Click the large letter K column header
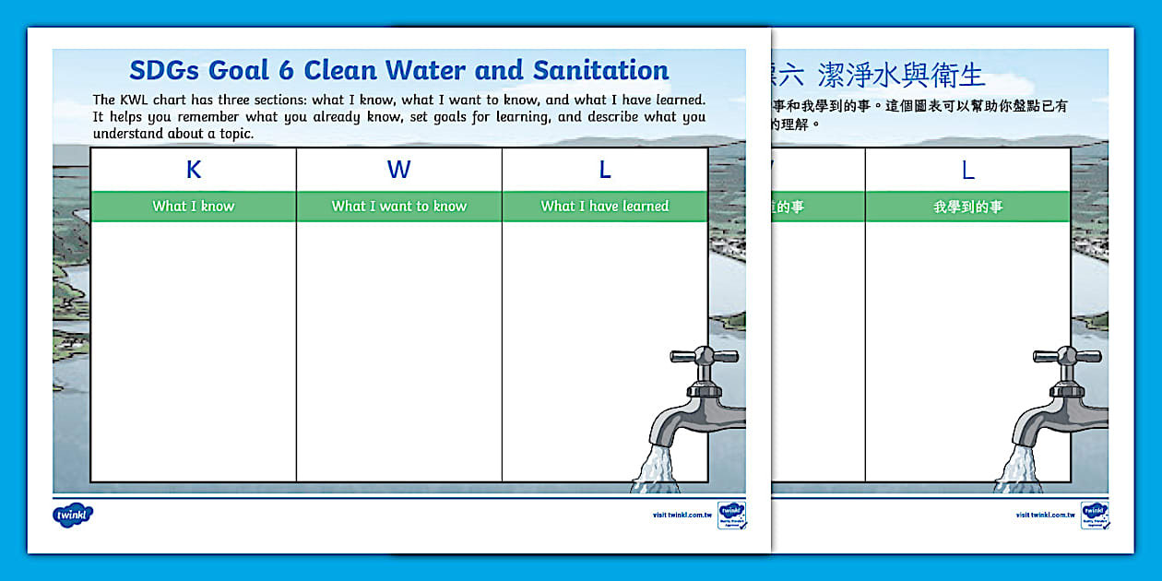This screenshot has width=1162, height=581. (x=194, y=171)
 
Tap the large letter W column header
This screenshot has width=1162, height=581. (x=398, y=171)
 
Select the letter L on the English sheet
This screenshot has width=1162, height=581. (x=605, y=171)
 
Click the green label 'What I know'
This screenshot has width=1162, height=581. (x=194, y=207)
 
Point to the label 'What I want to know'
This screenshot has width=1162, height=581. (x=399, y=207)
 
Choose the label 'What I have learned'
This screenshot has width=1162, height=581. (x=605, y=207)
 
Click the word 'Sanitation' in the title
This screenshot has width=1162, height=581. (x=601, y=71)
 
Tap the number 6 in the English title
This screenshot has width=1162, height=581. (x=288, y=71)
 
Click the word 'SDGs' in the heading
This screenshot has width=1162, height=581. (x=161, y=71)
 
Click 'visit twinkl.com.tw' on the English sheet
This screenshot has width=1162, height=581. (x=682, y=516)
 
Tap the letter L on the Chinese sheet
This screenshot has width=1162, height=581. (x=968, y=171)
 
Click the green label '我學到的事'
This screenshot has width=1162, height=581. (x=968, y=207)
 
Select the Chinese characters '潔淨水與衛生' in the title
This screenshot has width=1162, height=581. (x=902, y=75)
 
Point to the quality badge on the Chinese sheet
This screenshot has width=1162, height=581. (x=1095, y=515)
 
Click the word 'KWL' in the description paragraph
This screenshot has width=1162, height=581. (x=136, y=100)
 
